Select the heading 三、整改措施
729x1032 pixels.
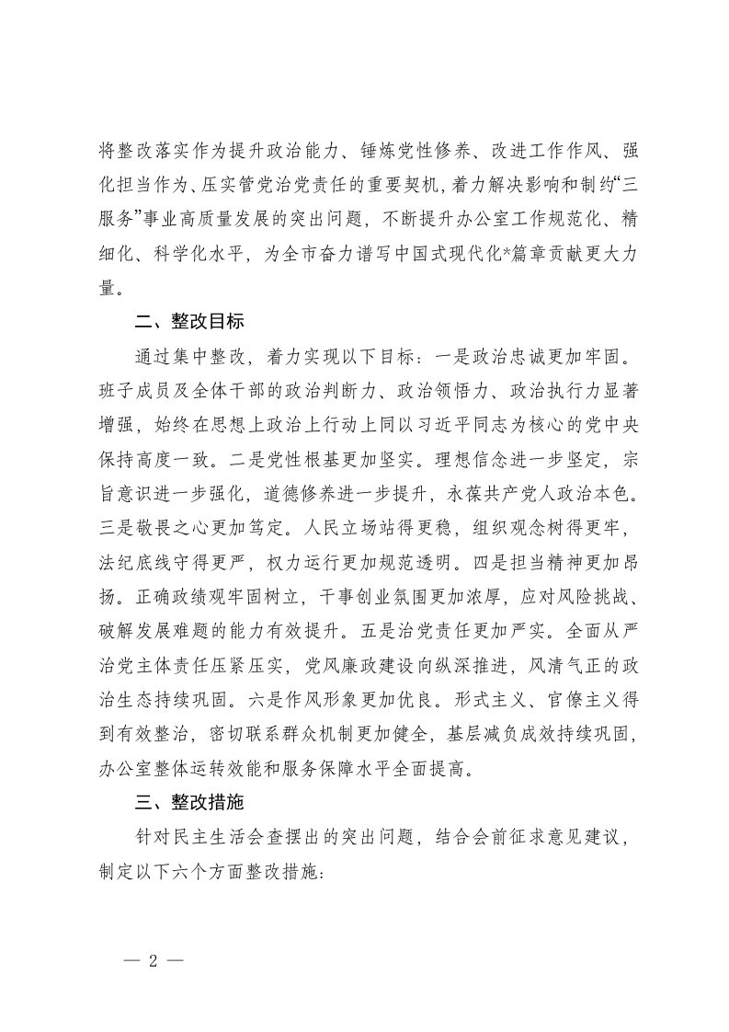(x=188, y=801)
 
